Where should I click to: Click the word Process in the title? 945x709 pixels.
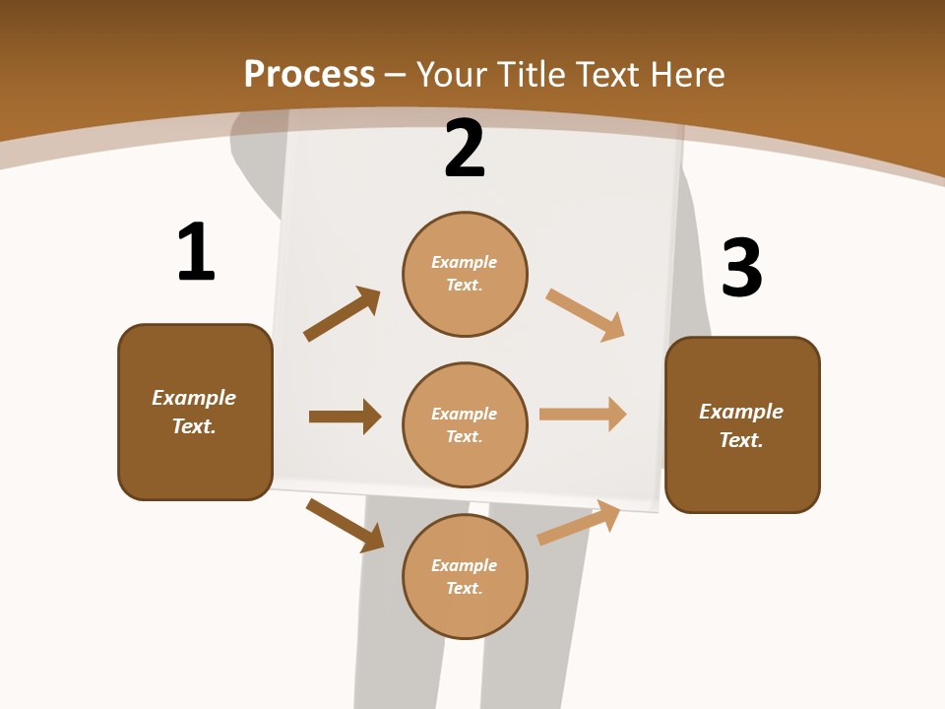(309, 74)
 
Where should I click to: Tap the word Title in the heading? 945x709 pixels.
(536, 74)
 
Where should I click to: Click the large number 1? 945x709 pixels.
(196, 252)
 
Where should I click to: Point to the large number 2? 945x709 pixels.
(465, 148)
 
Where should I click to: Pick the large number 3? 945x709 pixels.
(741, 268)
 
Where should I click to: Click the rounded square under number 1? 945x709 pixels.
(195, 412)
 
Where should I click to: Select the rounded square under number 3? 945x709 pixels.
(742, 425)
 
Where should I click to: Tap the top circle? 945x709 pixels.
(465, 274)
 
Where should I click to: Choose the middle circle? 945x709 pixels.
(465, 424)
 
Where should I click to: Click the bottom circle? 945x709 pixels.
(465, 576)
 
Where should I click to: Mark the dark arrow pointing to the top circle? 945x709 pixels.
(342, 314)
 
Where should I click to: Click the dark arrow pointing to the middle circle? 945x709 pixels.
(345, 417)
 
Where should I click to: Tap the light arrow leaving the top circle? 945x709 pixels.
(586, 315)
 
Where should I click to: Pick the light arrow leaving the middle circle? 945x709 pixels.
(583, 414)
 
